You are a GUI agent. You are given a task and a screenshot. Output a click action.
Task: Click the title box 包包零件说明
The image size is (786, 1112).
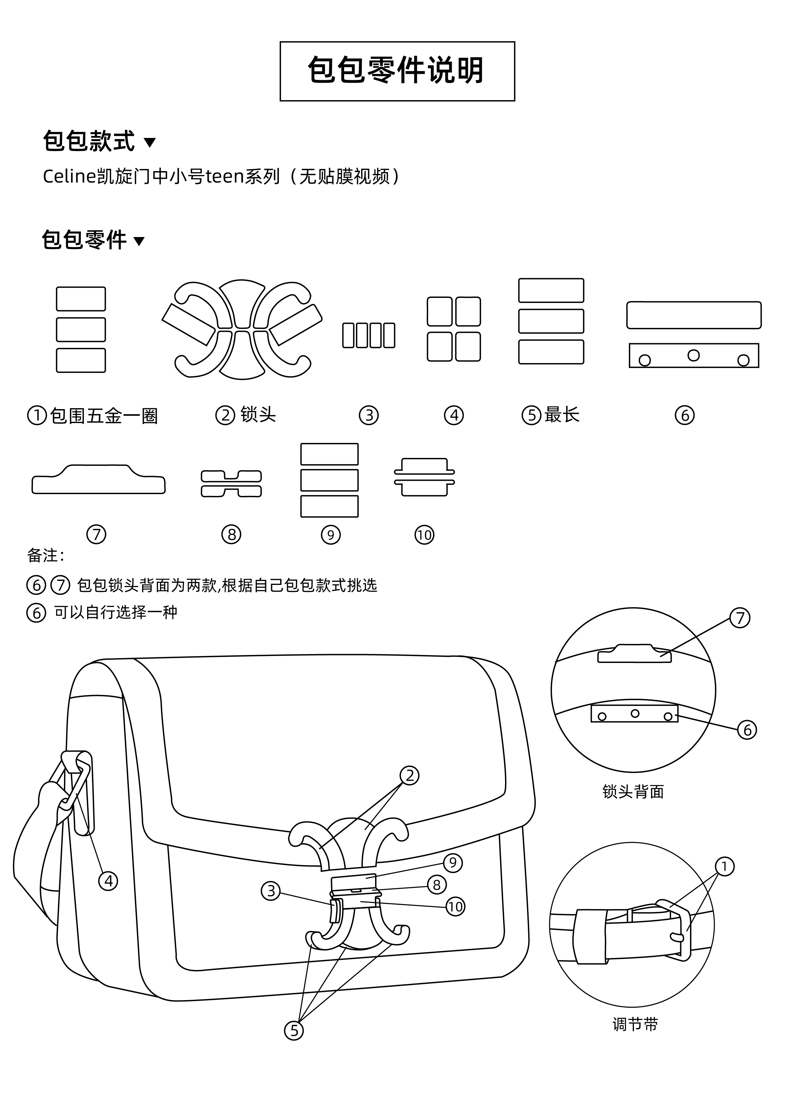point(397,71)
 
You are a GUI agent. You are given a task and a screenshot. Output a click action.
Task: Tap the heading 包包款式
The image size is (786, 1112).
point(89,141)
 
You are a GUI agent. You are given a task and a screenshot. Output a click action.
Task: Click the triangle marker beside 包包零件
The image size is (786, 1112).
point(139,241)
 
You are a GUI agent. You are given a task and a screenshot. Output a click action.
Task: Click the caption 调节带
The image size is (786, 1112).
point(635,1024)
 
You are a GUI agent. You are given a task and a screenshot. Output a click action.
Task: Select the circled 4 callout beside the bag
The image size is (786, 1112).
point(108,880)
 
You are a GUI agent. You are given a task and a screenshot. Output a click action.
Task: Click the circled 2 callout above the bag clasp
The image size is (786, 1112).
point(409,775)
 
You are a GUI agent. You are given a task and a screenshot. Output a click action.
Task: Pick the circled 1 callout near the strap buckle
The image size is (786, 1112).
point(725,866)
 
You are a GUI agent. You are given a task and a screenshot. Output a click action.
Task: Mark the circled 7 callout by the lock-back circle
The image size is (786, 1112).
point(739,618)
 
